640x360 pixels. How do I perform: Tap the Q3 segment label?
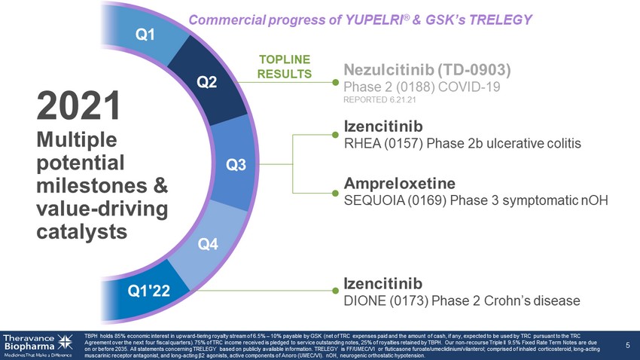(x=236, y=165)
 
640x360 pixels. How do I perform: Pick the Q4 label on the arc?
(x=207, y=243)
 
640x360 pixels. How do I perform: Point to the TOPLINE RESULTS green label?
(x=285, y=66)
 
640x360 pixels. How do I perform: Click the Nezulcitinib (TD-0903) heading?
(x=428, y=70)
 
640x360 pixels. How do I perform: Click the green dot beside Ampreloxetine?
(x=335, y=184)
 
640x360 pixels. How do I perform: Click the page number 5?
(x=628, y=345)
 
